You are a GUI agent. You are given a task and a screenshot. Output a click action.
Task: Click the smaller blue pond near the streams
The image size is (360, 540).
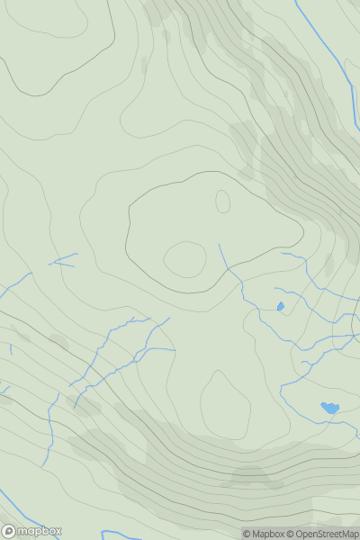(280, 307)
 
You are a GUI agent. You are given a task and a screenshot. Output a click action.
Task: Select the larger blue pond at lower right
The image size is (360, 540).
(329, 408)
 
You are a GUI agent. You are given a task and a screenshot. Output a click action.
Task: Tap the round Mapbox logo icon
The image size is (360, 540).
(10, 531)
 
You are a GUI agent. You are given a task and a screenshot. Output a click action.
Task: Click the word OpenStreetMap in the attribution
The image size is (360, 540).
(327, 534)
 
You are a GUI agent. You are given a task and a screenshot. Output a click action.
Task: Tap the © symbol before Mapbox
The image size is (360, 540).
(247, 534)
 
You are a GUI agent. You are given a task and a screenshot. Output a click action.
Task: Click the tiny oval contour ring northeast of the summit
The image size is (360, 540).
(222, 201)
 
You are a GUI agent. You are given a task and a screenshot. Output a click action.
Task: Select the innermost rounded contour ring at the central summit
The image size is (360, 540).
(185, 259)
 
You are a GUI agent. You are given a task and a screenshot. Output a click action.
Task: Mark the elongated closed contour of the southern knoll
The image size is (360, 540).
(224, 405)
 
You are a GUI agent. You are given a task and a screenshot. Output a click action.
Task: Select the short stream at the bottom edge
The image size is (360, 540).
(121, 533)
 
